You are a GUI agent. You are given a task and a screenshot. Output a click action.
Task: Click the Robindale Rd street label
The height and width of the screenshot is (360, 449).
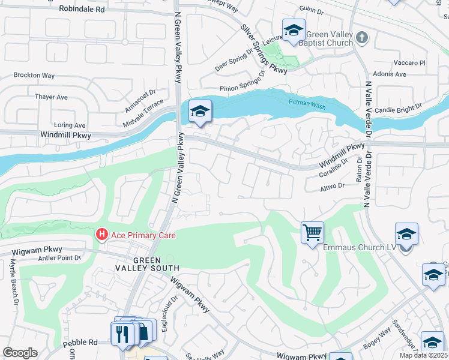(x=82, y=10)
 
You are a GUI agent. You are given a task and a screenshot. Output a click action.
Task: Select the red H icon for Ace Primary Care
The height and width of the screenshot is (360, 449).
(x=103, y=235)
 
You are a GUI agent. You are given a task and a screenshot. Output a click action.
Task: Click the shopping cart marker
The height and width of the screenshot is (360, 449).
(x=312, y=232)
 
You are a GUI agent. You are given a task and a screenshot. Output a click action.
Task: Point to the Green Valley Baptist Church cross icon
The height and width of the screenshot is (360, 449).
(x=361, y=38)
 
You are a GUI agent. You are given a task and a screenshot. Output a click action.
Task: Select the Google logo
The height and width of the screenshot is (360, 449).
(x=20, y=353)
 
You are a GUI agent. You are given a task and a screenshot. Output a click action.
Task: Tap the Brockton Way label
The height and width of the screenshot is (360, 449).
(x=34, y=76)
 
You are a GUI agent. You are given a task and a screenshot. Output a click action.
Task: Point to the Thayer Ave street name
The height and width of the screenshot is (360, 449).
(x=51, y=97)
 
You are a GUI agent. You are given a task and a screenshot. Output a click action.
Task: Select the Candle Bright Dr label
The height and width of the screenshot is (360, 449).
(x=398, y=108)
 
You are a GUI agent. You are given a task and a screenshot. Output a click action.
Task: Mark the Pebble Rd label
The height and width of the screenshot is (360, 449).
(x=85, y=343)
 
